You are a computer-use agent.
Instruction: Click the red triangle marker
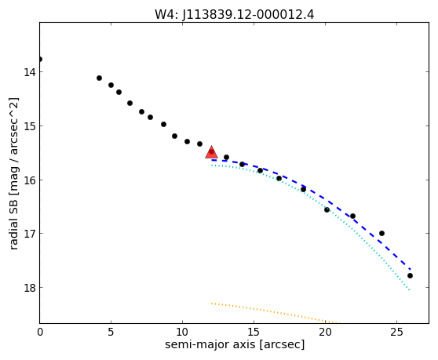point(211,152)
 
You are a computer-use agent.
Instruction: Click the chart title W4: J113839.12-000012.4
point(235,14)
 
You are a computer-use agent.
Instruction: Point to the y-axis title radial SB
point(13,173)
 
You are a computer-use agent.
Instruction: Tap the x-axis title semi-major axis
point(235,345)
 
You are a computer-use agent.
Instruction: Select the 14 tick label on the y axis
point(29,72)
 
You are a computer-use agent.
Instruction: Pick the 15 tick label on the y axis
point(29,125)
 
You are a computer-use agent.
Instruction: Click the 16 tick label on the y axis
point(29,180)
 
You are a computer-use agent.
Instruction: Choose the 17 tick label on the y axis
point(29,233)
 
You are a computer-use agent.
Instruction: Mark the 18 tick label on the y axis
point(29,287)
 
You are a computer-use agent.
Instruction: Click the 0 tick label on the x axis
point(40,332)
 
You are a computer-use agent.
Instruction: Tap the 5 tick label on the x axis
point(111,332)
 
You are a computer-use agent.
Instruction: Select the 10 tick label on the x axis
point(182,332)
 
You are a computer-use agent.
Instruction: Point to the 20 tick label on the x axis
point(325,332)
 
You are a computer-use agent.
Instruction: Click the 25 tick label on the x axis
point(396,332)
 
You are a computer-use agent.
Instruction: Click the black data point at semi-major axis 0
point(40,59)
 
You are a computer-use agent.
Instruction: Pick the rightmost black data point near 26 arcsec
point(410,276)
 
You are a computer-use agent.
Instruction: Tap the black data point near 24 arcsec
point(381,233)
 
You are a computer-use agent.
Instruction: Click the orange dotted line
point(274,313)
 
